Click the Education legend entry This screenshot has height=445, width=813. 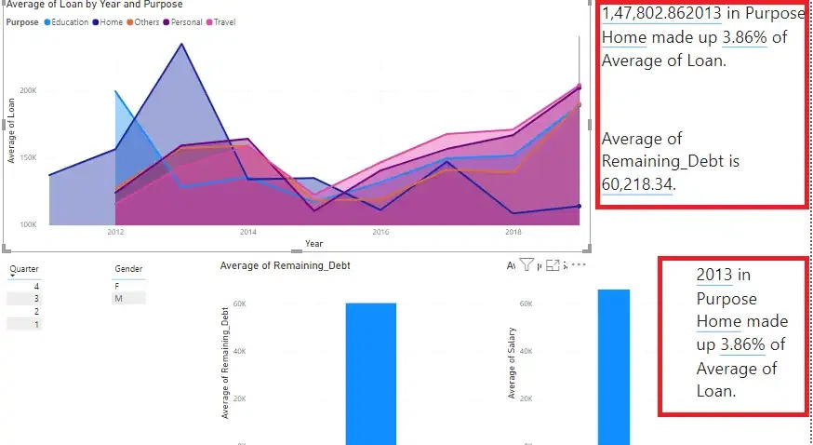(x=70, y=21)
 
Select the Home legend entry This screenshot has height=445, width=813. (x=110, y=21)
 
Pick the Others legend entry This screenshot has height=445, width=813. (x=146, y=21)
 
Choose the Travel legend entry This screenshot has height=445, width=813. (x=224, y=21)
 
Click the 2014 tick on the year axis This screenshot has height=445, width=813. (x=247, y=232)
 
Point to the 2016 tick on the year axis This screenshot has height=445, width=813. (x=380, y=232)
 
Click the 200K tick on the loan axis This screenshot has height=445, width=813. (x=28, y=91)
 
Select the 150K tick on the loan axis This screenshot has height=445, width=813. (x=28, y=157)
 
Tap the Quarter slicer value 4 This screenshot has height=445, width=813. (x=36, y=285)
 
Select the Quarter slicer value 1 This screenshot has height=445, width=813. (x=36, y=324)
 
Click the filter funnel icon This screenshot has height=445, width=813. (x=526, y=266)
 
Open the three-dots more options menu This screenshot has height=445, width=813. (x=579, y=266)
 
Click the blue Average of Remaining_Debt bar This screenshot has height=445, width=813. (x=370, y=372)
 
